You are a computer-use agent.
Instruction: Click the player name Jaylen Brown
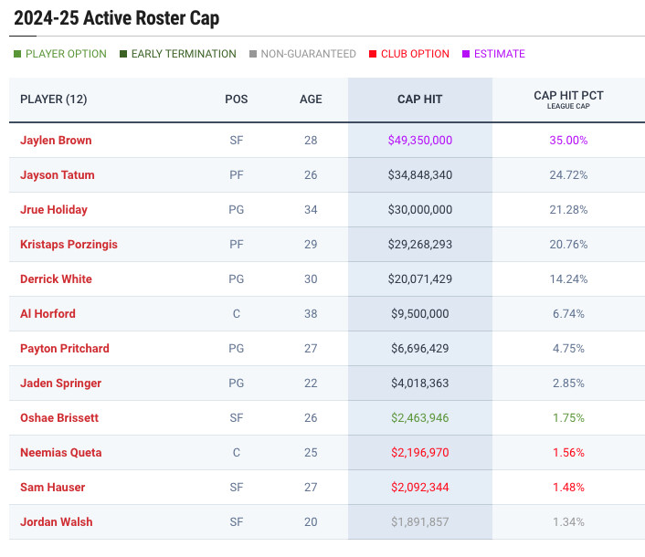tap(56, 141)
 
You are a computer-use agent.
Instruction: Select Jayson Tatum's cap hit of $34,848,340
tap(420, 175)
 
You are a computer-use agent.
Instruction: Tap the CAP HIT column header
tap(420, 100)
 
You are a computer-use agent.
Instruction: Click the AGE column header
tap(311, 100)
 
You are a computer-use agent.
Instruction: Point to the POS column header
tap(236, 100)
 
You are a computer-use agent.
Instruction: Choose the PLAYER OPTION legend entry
tap(66, 54)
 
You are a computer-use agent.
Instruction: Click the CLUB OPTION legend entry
tap(415, 54)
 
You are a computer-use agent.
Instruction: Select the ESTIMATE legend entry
tap(499, 54)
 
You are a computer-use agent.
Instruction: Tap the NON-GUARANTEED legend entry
tap(308, 54)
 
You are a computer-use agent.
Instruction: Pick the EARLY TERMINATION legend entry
tap(184, 54)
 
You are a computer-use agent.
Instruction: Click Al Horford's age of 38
tap(311, 314)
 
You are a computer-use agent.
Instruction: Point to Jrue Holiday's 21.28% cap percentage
tap(568, 210)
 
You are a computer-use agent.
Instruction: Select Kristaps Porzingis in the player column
tap(69, 245)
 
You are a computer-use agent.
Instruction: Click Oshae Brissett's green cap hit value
tap(420, 418)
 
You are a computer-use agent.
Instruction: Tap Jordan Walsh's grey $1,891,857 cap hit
tap(420, 522)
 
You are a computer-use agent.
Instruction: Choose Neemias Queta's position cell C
tap(236, 453)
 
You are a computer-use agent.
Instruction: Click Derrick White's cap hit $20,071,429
tap(420, 279)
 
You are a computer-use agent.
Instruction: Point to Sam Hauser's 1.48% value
tap(568, 488)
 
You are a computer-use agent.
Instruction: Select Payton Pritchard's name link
tap(65, 349)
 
